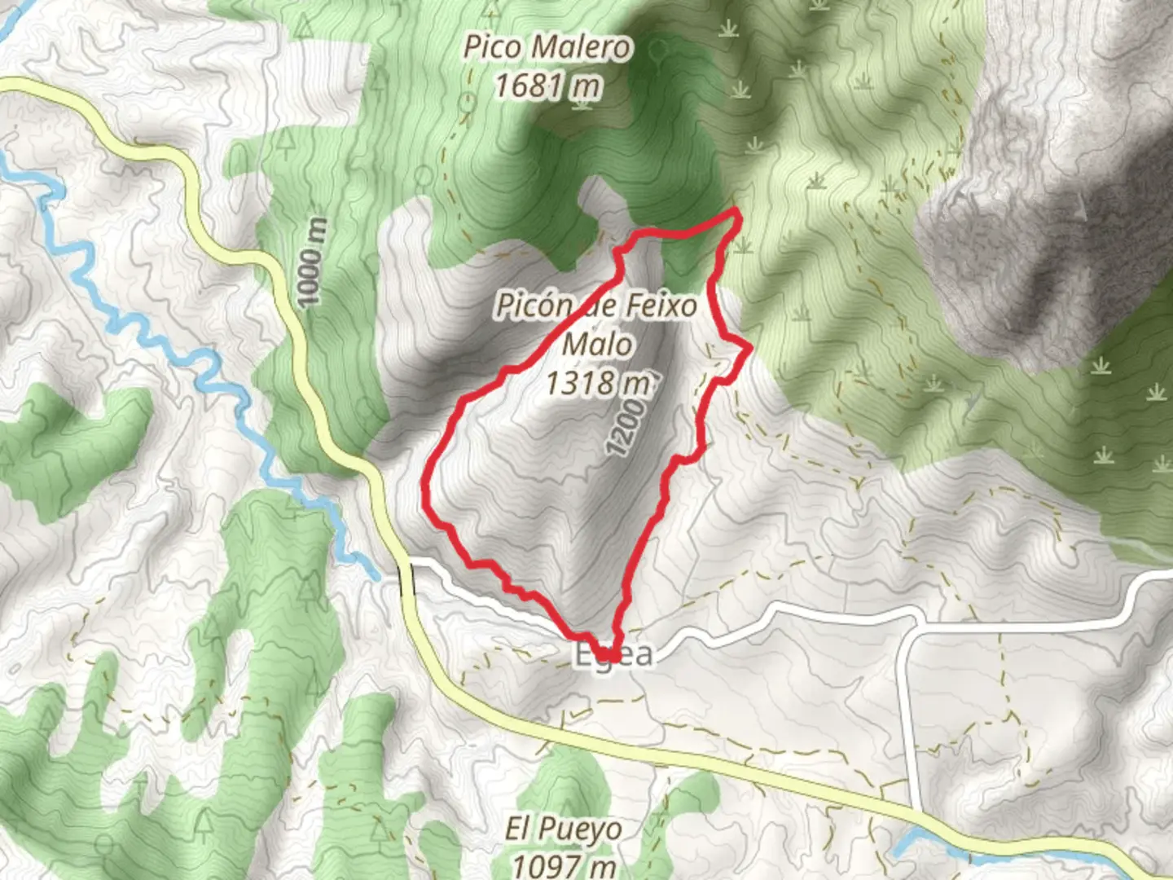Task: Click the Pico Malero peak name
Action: coord(547,47)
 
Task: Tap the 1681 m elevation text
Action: coord(547,85)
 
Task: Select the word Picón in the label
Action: coord(534,306)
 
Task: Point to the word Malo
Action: coord(597,344)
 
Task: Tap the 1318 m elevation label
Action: coord(598,382)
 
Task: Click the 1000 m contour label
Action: coord(313,262)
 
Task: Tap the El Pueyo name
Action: coord(563,829)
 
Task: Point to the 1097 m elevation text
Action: coord(563,864)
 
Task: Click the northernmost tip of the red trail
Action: coord(737,211)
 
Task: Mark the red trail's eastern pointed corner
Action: coord(749,349)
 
